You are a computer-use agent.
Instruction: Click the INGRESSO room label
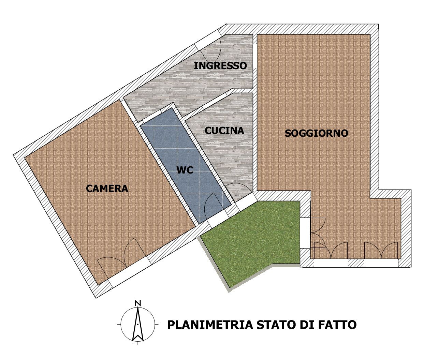(x=220, y=66)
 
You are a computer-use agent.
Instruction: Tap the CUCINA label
(x=224, y=131)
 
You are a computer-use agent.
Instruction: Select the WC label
(x=185, y=170)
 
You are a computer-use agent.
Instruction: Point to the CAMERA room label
(x=107, y=189)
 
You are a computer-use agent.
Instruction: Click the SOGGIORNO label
(x=316, y=133)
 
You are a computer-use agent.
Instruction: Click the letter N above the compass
(x=138, y=303)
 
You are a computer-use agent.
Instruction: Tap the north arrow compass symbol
(x=138, y=324)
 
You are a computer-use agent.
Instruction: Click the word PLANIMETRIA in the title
(x=210, y=325)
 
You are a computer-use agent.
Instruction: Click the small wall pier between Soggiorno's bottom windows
(x=356, y=263)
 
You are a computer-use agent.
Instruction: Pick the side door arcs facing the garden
(x=318, y=233)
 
